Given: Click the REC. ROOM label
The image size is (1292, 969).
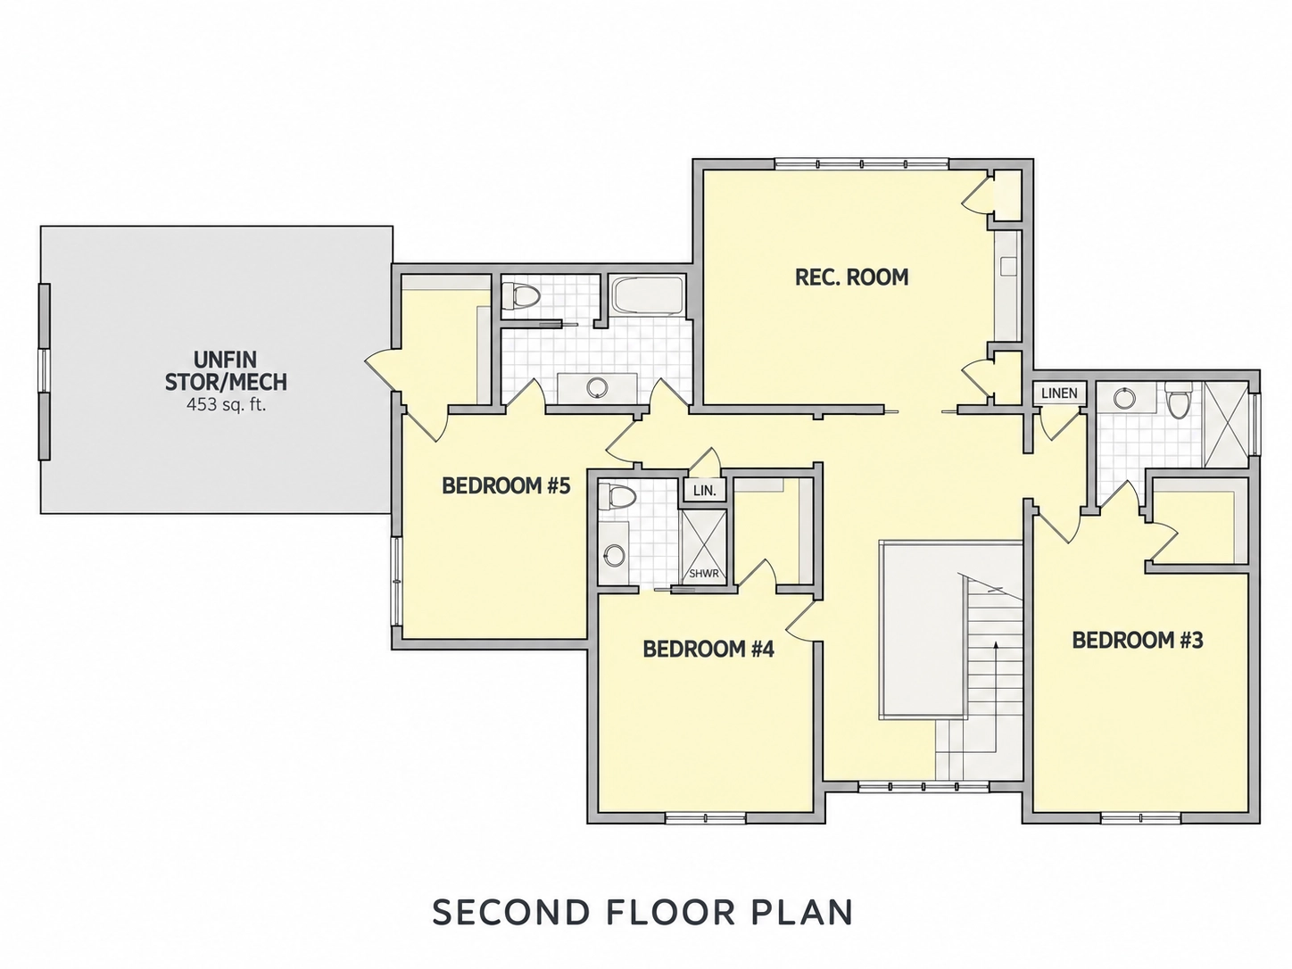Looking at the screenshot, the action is [x=851, y=277].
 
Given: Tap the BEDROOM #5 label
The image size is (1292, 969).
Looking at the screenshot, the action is [x=506, y=486].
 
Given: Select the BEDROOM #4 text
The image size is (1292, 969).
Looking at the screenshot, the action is [x=708, y=649].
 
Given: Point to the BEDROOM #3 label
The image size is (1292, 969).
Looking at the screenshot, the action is [x=1138, y=640].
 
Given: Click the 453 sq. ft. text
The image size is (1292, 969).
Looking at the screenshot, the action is [x=226, y=405].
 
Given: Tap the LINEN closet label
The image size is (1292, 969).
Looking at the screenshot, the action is [x=1059, y=393].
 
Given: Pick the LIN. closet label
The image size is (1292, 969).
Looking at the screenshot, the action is [x=704, y=491].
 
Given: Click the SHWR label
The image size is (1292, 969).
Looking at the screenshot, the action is [x=704, y=573].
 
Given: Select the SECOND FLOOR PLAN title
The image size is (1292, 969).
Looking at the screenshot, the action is [x=642, y=911].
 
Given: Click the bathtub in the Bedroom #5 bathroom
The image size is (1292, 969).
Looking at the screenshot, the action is [x=647, y=296].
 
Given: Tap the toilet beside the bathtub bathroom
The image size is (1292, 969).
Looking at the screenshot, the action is [x=520, y=296].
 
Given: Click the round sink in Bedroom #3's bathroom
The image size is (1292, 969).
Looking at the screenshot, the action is [x=1125, y=398].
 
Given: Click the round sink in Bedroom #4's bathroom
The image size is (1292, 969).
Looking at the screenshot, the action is [x=614, y=555].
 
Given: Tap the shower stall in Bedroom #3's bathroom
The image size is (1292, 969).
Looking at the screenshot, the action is [x=1225, y=424].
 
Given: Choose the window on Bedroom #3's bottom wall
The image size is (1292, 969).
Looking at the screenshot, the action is [x=1140, y=817].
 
